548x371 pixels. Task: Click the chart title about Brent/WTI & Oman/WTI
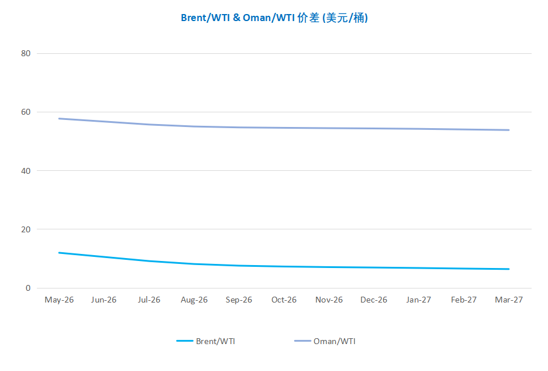tap(274, 18)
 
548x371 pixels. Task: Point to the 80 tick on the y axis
tap(25, 53)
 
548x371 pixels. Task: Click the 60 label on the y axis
tap(25, 112)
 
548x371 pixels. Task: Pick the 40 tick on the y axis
tap(25, 171)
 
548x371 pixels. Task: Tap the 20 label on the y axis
tap(25, 229)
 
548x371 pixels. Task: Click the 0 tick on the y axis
tap(27, 288)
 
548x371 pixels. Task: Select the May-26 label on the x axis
tap(59, 300)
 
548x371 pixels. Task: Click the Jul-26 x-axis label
tap(149, 300)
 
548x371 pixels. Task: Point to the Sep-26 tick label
tap(239, 300)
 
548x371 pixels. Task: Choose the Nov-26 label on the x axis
tap(329, 300)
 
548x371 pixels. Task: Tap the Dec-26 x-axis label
tap(374, 300)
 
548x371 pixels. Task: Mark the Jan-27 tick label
tap(419, 300)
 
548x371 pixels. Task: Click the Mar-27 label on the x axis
tap(509, 300)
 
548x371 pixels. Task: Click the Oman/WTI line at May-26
tap(59, 119)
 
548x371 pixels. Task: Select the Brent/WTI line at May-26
tap(59, 253)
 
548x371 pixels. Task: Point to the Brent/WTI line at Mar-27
tap(509, 269)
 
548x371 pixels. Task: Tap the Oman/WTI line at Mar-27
tap(509, 130)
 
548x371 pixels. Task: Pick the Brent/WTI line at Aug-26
tap(194, 264)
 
